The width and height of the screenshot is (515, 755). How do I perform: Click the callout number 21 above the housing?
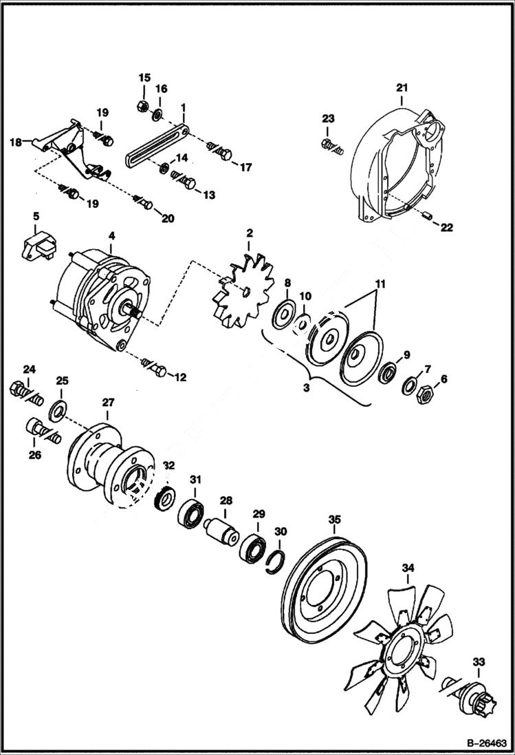pyautogui.click(x=402, y=87)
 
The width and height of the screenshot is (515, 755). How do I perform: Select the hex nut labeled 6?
pyautogui.click(x=424, y=396)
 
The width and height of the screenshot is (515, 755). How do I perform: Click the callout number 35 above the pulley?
pyautogui.click(x=334, y=520)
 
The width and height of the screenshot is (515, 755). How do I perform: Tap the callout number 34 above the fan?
pyautogui.click(x=408, y=568)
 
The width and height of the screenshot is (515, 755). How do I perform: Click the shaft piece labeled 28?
pyautogui.click(x=222, y=531)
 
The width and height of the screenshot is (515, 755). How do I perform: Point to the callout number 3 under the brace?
pyautogui.click(x=307, y=388)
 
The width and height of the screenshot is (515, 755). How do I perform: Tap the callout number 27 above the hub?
pyautogui.click(x=109, y=403)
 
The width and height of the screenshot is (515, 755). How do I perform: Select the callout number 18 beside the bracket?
pyautogui.click(x=14, y=143)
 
